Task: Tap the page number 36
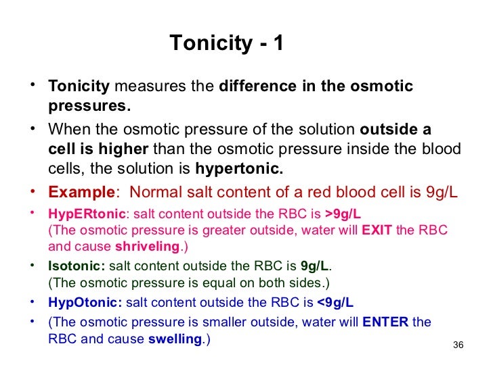pos(457,347)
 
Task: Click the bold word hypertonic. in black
pos(239,168)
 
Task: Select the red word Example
pos(81,191)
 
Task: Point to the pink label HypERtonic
pos(87,214)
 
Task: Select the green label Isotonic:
pos(77,266)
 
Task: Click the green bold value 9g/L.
pos(316,266)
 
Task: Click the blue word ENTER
pos(385,322)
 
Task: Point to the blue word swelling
pos(175,338)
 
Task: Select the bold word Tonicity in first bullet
pos(79,87)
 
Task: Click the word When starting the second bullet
pos(67,130)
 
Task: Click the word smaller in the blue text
pos(203,322)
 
